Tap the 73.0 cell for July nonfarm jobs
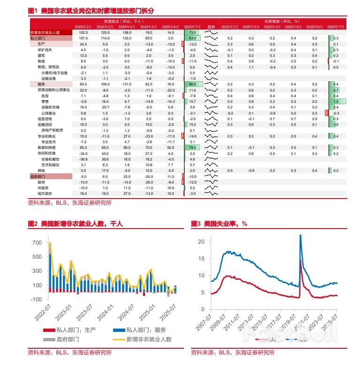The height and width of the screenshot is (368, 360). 192,32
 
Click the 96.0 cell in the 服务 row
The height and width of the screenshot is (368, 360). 192,84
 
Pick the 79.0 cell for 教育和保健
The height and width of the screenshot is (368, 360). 192,147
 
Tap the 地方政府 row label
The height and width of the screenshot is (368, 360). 45,193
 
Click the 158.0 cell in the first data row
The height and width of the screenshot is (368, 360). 127,32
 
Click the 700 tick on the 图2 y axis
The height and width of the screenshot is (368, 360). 37,243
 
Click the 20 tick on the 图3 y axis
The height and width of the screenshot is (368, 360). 201,241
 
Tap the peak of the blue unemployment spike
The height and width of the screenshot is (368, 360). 300,236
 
